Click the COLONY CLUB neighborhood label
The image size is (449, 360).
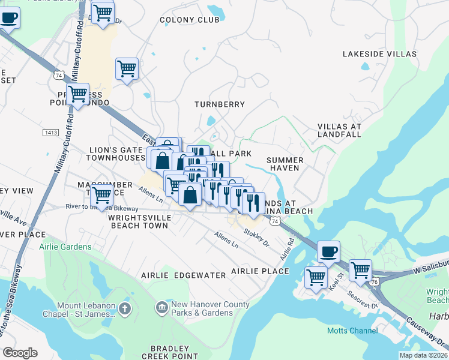(x=185, y=20)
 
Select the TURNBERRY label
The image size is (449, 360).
(x=220, y=104)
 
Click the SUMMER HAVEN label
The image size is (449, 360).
(x=285, y=164)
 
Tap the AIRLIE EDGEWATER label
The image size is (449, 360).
(x=175, y=275)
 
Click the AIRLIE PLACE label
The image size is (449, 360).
(x=264, y=271)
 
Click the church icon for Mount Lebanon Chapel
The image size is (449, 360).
(x=124, y=309)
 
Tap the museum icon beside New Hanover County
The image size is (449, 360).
(x=162, y=308)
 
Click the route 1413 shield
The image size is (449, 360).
(x=50, y=131)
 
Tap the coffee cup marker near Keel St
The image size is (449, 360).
(x=328, y=251)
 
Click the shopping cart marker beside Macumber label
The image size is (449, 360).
(x=102, y=194)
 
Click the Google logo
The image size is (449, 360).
(x=20, y=353)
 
